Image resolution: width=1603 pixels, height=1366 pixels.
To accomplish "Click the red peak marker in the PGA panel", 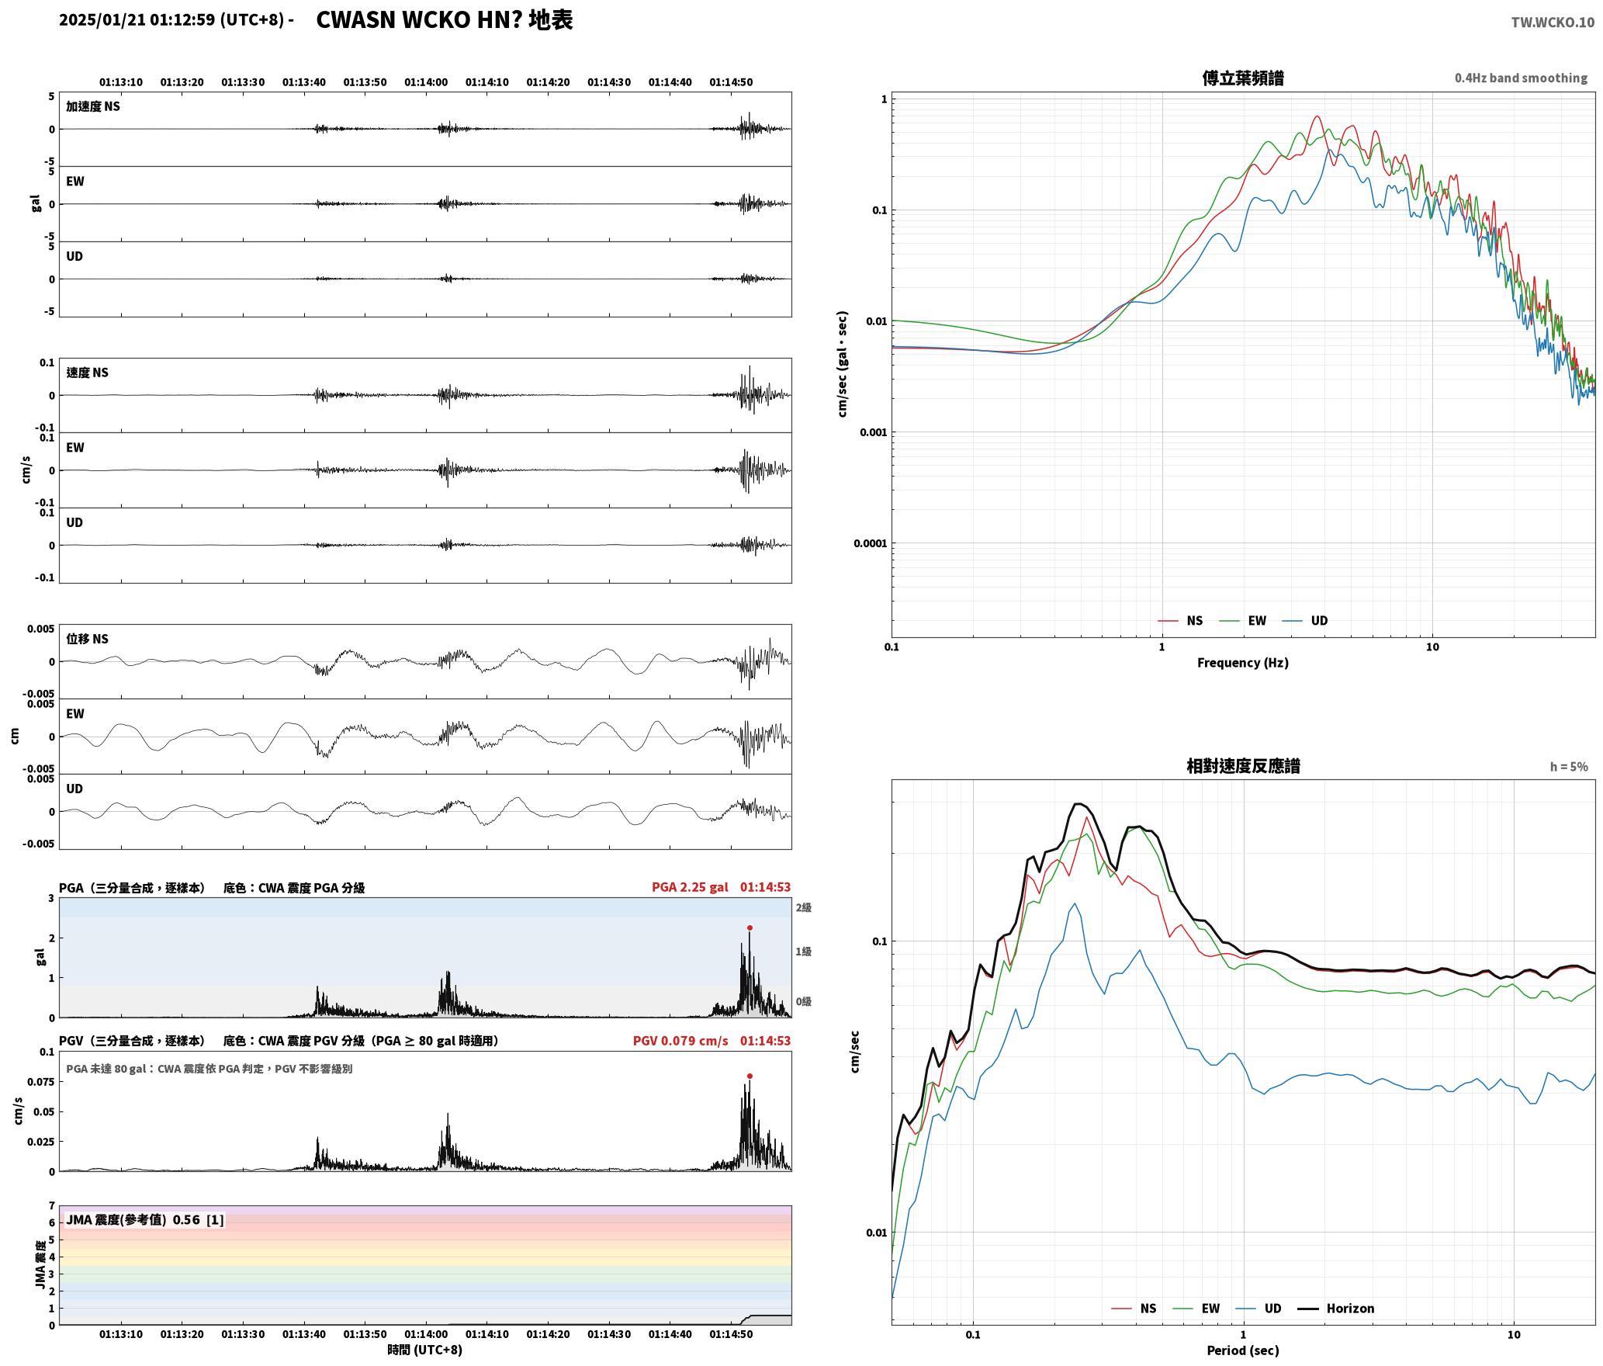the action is click(750, 927).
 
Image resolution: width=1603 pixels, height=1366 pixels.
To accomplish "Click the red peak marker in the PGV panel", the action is click(750, 1076).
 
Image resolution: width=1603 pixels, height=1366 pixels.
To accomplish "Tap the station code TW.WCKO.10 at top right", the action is click(1553, 23).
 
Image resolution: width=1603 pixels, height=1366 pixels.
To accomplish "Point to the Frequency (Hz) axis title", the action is click(1242, 662).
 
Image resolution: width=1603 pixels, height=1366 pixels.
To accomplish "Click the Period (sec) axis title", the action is click(1242, 1350).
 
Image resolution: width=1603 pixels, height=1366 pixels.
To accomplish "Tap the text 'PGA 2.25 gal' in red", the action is click(690, 886).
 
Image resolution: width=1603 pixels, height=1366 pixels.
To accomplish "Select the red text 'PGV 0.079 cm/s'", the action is click(680, 1040).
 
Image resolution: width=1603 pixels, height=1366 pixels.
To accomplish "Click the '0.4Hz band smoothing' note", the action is click(1521, 78).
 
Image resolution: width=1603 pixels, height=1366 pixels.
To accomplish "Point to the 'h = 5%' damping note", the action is click(1569, 766).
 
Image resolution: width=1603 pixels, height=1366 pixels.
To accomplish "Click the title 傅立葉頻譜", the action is click(1242, 78).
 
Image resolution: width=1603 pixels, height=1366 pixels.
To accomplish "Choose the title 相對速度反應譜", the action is click(1243, 765).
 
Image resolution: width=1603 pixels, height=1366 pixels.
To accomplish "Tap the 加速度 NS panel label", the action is click(93, 106).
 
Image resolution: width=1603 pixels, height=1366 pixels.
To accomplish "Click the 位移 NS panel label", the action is click(87, 639).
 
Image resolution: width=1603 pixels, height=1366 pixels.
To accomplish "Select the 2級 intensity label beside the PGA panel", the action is click(803, 907).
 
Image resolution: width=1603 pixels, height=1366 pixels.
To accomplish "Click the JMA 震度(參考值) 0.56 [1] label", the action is click(145, 1219).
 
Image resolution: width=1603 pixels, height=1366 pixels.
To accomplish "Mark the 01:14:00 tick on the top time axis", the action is click(426, 81).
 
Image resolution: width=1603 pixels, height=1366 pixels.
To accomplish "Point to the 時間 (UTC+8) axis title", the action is click(425, 1350).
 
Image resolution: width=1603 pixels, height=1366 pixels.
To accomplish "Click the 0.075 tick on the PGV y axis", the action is click(43, 1082).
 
